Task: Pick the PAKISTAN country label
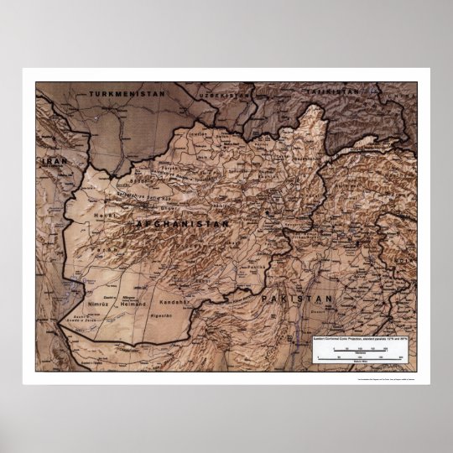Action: (297, 299)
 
